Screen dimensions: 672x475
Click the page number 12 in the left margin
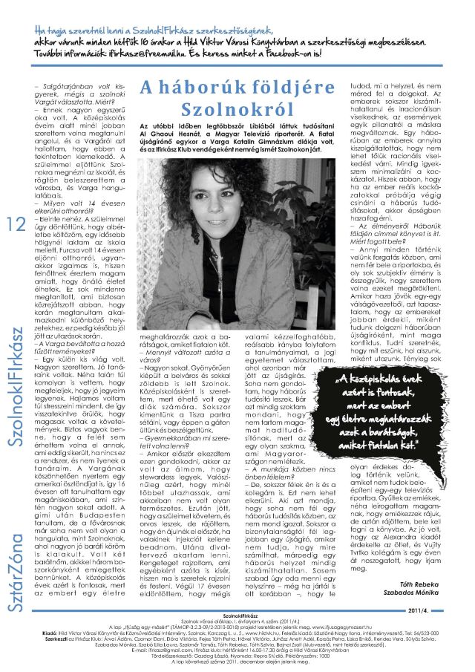coord(17,226)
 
